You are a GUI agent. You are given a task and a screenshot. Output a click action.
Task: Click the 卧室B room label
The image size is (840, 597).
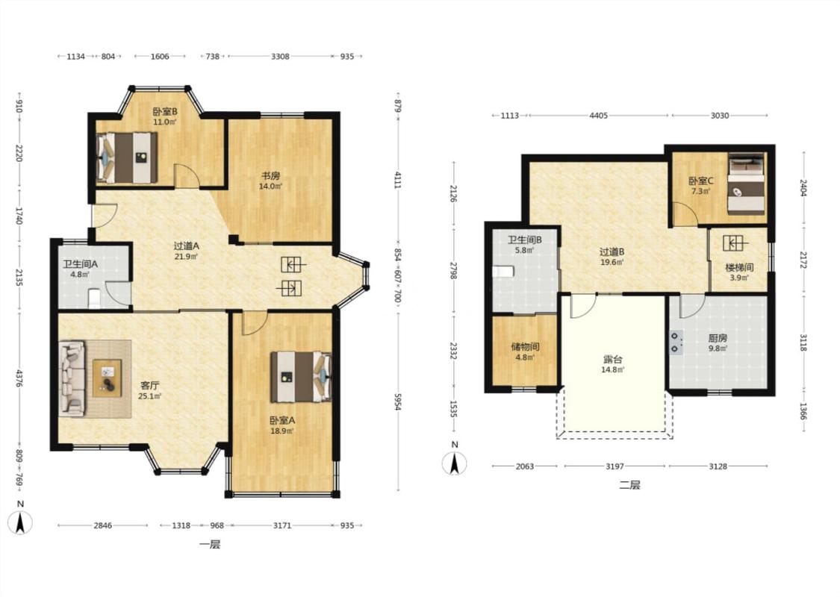[x=165, y=112]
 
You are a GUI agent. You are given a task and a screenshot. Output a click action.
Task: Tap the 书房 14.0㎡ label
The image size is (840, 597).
[x=270, y=181]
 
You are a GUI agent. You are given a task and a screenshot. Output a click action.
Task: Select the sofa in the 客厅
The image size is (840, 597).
[x=72, y=378]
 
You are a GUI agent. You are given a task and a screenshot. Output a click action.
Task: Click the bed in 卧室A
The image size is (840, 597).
[x=301, y=376]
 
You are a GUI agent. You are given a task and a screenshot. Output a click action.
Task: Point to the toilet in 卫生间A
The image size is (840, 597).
[x=94, y=298]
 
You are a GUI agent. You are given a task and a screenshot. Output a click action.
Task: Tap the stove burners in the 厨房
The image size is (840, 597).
[x=676, y=343]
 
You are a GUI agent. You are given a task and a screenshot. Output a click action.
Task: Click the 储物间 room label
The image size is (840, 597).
[x=525, y=346]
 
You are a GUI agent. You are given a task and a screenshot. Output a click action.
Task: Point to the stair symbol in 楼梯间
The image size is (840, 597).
[x=735, y=243]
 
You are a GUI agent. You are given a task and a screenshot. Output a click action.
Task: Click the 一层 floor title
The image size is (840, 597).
[x=210, y=545]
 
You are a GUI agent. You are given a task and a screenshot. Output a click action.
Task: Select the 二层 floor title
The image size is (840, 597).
[x=629, y=485]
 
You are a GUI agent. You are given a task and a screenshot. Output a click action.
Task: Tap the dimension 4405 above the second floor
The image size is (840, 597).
[x=598, y=115]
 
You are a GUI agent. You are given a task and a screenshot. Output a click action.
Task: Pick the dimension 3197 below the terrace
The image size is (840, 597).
[x=615, y=466]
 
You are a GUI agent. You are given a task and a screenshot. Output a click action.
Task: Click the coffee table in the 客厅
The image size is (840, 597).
[x=107, y=378]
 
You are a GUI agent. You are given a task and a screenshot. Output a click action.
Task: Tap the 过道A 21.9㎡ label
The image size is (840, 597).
[x=186, y=251]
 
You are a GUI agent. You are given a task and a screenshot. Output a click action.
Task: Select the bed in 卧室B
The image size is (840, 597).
[x=126, y=158]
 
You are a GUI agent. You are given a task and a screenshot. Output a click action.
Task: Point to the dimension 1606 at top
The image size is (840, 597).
[x=160, y=56]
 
